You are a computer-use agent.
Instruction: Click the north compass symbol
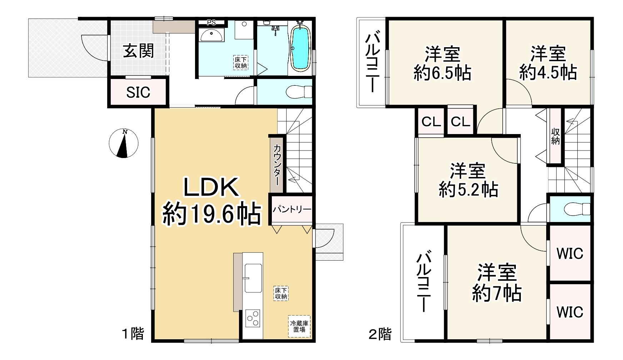[x=123, y=143]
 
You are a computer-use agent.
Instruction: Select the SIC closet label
[x=138, y=93]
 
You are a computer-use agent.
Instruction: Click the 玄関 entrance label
[x=138, y=51]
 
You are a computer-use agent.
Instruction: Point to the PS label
[x=211, y=22]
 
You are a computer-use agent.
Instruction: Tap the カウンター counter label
[x=277, y=164]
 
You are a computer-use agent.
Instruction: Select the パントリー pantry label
[x=292, y=209]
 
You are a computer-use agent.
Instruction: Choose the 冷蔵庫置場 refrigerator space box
[x=299, y=326]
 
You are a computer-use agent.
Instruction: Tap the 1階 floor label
[x=133, y=334]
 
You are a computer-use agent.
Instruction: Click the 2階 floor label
[x=380, y=334]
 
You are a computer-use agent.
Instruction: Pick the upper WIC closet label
[x=570, y=253]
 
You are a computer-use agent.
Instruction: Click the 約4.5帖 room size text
[x=548, y=73]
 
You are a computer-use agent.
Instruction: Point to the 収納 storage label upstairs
[x=555, y=136]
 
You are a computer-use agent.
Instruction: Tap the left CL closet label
[x=431, y=122]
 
